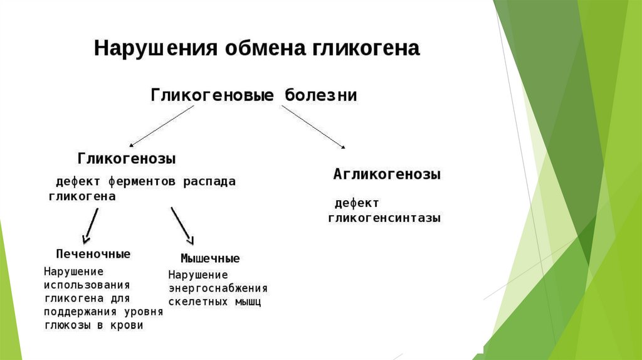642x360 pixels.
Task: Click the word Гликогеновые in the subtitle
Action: click(x=212, y=95)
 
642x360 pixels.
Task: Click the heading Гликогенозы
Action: click(x=127, y=158)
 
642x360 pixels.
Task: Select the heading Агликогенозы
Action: click(x=386, y=174)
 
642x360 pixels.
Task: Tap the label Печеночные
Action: click(x=93, y=254)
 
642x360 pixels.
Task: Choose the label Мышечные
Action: click(x=210, y=258)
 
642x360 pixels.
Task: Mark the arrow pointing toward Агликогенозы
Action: click(x=313, y=127)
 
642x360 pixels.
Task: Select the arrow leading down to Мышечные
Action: click(x=182, y=225)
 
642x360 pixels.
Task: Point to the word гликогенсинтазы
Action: click(x=384, y=218)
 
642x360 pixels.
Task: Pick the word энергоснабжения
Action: click(x=218, y=289)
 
